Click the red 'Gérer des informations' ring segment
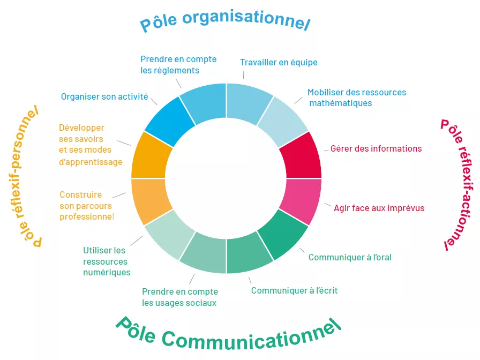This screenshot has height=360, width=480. (301, 156)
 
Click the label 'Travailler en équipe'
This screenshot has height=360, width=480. (279, 62)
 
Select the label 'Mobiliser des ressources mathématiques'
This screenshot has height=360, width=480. (356, 97)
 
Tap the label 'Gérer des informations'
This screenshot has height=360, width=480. (376, 148)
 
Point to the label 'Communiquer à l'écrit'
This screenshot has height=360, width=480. (294, 290)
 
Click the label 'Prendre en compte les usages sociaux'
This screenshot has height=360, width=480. (179, 297)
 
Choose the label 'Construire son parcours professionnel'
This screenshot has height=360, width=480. (86, 206)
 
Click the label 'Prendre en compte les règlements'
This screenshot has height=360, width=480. (178, 64)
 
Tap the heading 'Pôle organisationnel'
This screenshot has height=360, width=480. (225, 21)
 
